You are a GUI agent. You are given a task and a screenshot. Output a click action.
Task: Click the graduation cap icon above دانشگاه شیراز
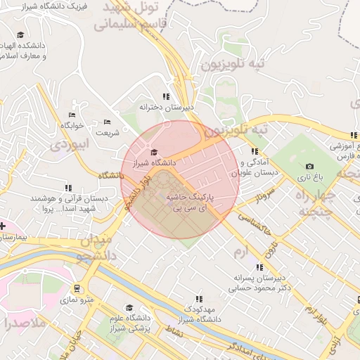pos(154,153)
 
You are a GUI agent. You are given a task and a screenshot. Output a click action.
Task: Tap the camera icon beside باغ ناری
pos(309,167)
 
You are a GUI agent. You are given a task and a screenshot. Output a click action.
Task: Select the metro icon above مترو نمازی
pos(75,288)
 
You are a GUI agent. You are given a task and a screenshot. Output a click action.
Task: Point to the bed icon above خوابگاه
pos(72,115)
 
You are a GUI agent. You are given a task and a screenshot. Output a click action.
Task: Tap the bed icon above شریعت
pos(108,122)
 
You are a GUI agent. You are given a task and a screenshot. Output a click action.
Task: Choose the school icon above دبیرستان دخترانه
pos(166,97)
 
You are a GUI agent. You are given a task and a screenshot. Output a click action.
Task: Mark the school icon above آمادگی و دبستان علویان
pos(254,151)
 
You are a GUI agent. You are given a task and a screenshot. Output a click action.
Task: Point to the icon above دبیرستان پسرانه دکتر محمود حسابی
pos(259,267)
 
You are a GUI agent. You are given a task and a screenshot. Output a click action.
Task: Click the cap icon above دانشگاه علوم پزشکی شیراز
pos(129,308)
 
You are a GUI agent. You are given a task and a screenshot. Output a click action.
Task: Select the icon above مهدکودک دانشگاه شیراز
pos(200,299)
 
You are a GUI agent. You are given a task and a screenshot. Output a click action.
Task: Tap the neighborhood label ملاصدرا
pos(25,323)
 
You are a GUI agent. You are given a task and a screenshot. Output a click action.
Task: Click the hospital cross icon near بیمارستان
pos(3,226)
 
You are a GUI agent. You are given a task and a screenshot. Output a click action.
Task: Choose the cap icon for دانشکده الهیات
pos(20,35)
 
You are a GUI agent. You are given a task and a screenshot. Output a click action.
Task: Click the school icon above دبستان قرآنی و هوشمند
pos(68,188)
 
